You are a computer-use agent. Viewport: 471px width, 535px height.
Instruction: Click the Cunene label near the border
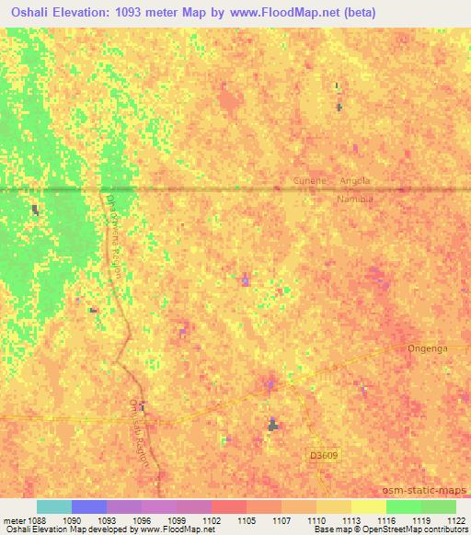tap(310, 181)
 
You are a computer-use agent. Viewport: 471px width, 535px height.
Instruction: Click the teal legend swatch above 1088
tap(54, 507)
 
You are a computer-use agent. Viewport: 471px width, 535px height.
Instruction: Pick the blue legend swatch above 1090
tap(89, 507)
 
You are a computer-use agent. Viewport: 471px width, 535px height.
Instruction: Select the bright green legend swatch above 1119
tap(404, 507)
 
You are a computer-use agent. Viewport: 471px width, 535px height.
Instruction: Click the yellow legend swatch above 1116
tap(369, 507)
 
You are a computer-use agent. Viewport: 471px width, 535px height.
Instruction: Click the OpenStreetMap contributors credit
tap(409, 530)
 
